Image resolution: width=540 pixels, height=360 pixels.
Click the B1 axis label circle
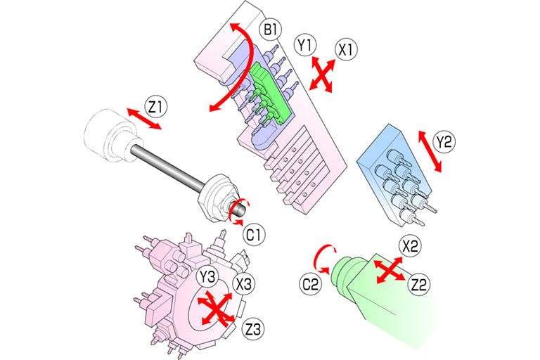270,30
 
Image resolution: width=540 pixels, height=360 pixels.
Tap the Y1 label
305,45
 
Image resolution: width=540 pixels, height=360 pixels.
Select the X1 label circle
346,50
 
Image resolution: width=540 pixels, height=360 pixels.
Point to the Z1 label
155,108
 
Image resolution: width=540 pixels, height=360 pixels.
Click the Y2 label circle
444,142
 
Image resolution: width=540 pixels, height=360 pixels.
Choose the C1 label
254,235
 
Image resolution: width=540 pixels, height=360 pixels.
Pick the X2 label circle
410,246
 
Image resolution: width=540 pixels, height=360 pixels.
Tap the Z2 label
419,285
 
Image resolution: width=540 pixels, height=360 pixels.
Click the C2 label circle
310,285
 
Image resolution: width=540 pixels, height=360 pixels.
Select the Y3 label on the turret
207,276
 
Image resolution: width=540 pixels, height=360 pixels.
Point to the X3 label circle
244,285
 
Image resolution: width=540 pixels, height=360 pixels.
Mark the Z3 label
253,329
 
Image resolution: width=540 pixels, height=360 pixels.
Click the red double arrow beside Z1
144,119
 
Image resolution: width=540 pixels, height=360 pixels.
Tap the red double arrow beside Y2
430,152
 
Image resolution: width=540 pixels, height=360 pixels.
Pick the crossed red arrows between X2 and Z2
390,270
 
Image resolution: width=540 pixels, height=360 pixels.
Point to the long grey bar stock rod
165,168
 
